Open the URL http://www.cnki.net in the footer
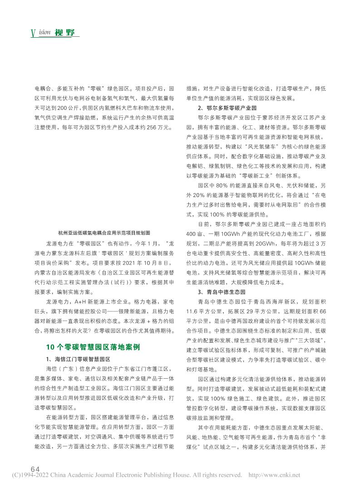275,475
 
